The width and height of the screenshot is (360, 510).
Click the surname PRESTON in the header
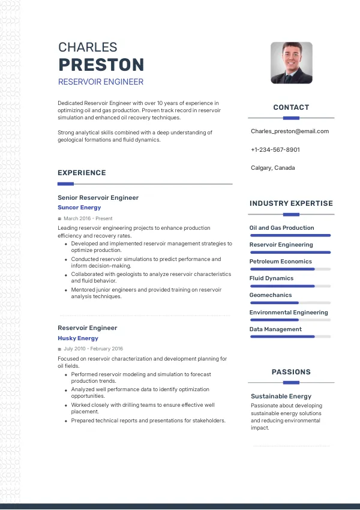(x=101, y=65)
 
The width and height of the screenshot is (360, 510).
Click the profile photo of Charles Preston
(x=292, y=62)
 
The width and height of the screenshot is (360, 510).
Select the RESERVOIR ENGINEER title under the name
(x=100, y=82)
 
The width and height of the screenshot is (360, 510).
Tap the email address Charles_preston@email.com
(x=290, y=131)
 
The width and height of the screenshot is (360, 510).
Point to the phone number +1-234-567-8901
(x=275, y=149)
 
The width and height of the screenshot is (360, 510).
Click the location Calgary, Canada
(x=273, y=168)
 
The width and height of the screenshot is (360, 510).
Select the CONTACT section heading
(x=291, y=107)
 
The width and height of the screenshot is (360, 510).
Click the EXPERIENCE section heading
(x=82, y=173)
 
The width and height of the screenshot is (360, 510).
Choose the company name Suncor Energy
(x=79, y=208)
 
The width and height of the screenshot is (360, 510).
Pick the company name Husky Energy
(x=78, y=338)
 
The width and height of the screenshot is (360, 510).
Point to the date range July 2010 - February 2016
(x=93, y=349)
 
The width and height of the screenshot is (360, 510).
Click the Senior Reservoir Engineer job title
(x=98, y=197)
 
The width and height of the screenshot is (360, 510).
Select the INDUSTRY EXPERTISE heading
(x=291, y=203)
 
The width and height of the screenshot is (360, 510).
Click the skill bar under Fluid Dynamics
(x=290, y=286)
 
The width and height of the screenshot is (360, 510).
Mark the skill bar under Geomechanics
(x=290, y=303)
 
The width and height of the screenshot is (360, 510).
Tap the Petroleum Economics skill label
(x=281, y=262)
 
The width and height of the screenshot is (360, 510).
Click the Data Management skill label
(x=275, y=329)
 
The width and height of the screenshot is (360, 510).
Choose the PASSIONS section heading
(x=291, y=372)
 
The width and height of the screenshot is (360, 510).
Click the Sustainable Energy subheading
(x=281, y=397)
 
